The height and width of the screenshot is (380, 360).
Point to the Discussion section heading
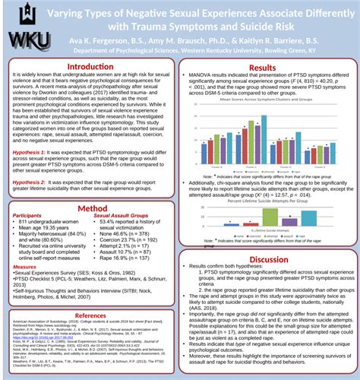[264, 259]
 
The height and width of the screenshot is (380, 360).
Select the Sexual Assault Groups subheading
[122, 216]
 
